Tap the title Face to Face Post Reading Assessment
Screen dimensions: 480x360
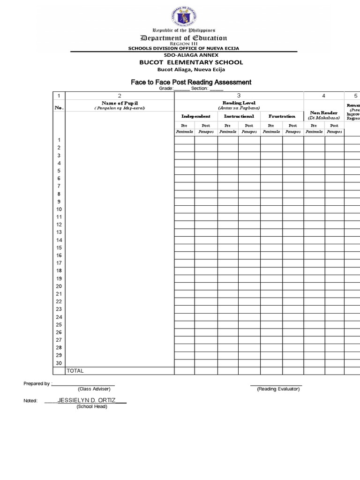(x=191, y=82)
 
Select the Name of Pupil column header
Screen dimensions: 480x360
(x=120, y=103)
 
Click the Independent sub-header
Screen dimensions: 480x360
(x=195, y=116)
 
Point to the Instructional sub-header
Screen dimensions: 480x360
(x=239, y=116)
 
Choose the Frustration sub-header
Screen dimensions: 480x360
(x=282, y=116)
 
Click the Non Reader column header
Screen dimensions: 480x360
(x=323, y=115)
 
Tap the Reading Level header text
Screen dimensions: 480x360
(x=239, y=103)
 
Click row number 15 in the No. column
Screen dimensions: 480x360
(x=59, y=247)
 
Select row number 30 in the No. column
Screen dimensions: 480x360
(x=59, y=363)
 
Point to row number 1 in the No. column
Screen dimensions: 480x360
(x=59, y=140)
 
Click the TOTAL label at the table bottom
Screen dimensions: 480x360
(x=75, y=371)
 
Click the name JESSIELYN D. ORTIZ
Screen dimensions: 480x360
(x=86, y=401)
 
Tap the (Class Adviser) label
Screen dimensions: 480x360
(x=94, y=389)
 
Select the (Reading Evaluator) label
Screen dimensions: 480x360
(x=278, y=389)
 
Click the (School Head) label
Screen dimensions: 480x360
(x=92, y=406)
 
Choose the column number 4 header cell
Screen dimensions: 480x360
(x=323, y=96)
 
